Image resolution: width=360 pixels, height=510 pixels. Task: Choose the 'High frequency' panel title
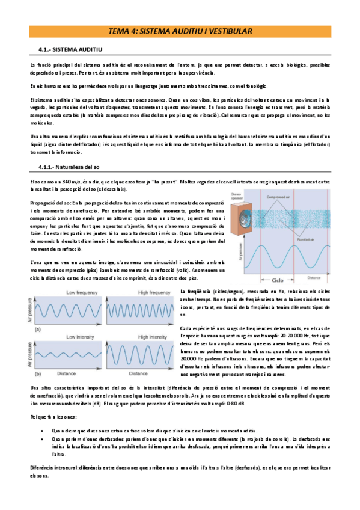click(x=138, y=292)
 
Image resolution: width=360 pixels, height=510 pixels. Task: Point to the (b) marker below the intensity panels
click(x=39, y=373)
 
